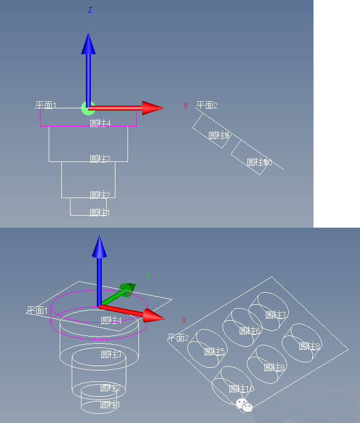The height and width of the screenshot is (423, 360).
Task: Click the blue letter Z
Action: point(90,10)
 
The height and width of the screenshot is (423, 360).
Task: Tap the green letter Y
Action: point(148,276)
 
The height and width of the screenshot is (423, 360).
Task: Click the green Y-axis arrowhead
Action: point(127,289)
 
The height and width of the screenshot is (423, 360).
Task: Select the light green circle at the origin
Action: point(88,108)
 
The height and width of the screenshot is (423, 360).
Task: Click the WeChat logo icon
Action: point(244,405)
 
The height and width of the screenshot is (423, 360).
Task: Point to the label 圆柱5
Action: point(214,351)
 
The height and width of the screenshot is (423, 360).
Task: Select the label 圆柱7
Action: point(276,315)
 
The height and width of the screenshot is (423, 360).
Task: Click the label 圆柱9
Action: point(274,368)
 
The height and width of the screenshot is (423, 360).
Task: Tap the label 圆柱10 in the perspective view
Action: point(241,389)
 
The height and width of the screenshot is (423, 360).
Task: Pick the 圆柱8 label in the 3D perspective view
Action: point(309,346)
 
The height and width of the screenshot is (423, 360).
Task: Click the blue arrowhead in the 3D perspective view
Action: point(99,247)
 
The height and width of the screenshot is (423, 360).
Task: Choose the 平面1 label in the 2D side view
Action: point(46,105)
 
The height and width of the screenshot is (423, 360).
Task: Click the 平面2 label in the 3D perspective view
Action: point(178,338)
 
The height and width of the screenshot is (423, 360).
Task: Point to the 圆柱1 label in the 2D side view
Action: point(100,212)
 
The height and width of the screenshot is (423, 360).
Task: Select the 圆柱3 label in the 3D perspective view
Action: point(111,355)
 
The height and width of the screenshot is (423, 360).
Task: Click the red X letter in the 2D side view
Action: point(185,106)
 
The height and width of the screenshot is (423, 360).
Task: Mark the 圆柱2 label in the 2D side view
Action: point(100,195)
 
